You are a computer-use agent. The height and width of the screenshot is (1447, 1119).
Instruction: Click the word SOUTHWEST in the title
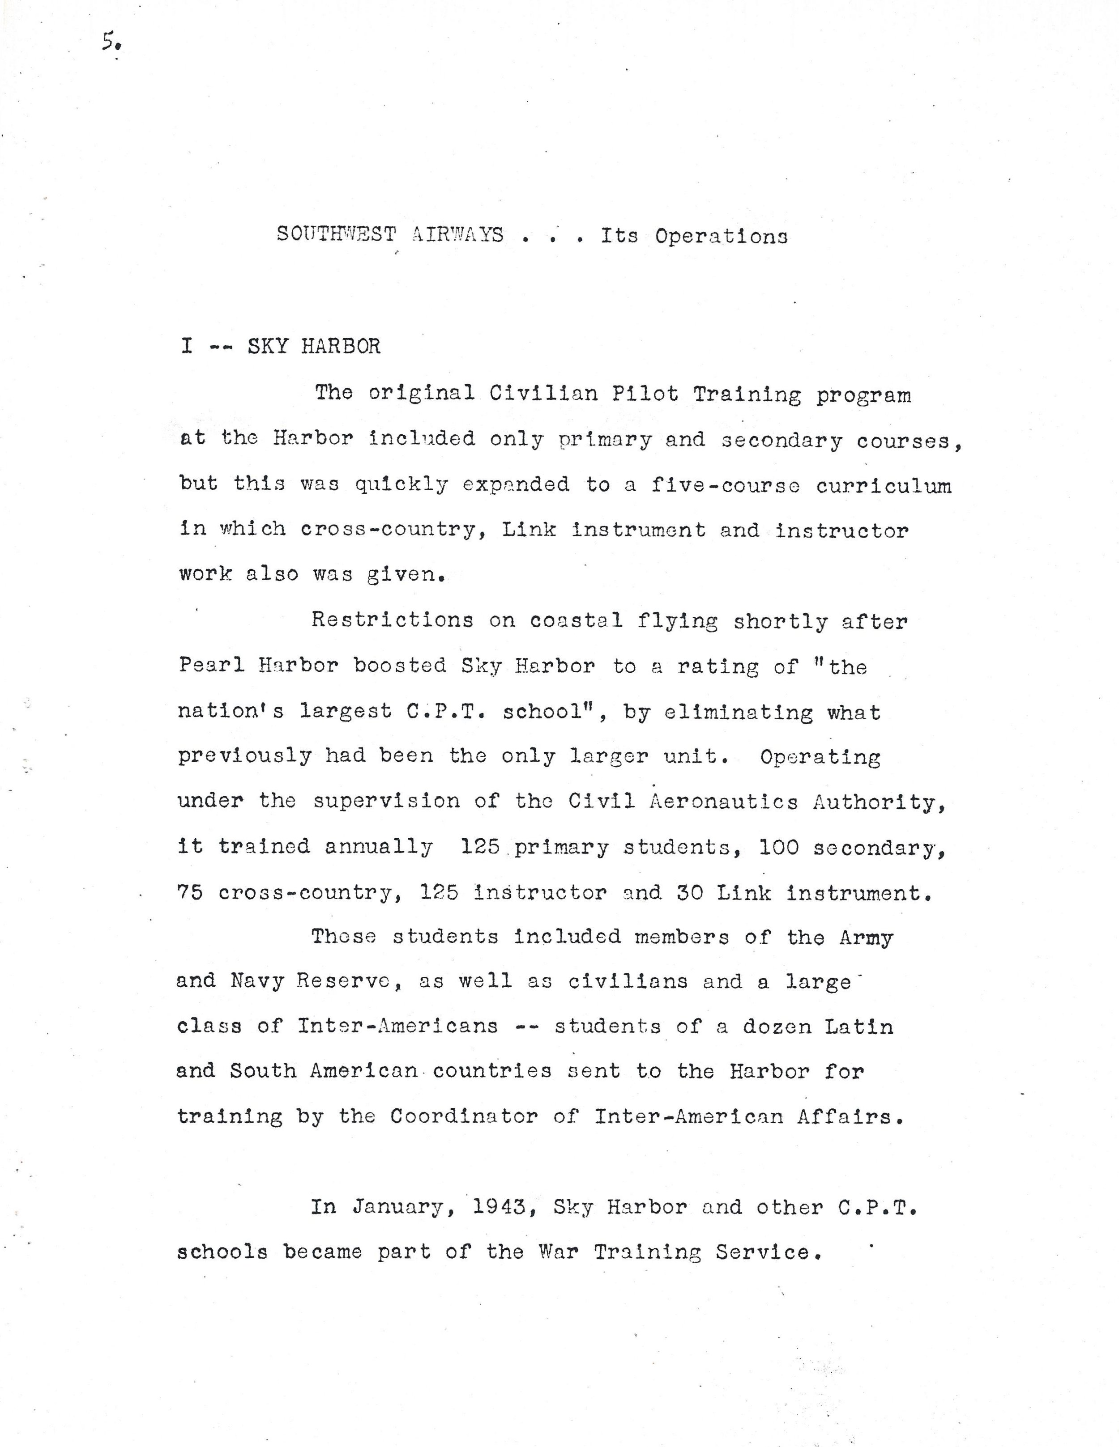point(336,234)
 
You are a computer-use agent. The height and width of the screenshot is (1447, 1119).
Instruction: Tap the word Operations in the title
point(721,237)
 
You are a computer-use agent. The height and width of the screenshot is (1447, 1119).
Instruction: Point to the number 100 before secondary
point(779,847)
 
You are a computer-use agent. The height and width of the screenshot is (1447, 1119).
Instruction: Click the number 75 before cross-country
point(190,892)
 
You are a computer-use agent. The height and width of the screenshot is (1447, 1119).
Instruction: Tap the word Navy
point(256,980)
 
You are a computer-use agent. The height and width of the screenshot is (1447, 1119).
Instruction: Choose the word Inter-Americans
point(397,1026)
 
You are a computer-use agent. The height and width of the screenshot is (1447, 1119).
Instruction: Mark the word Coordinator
point(463,1116)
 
